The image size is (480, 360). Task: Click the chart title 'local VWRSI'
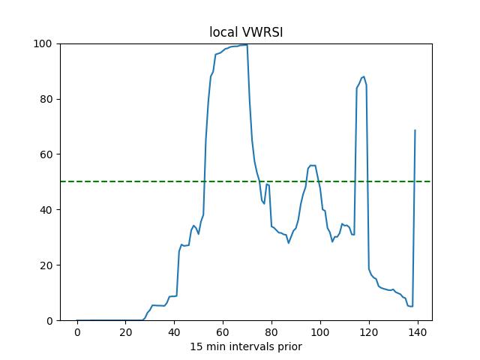[246, 33]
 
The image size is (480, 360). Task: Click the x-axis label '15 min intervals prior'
[246, 346]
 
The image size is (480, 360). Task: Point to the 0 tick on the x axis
[77, 332]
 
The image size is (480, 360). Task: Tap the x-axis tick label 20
[125, 332]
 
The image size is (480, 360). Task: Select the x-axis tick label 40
[174, 332]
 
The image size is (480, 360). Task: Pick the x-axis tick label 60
[223, 332]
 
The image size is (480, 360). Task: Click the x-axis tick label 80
[271, 332]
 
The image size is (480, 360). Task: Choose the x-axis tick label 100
[320, 332]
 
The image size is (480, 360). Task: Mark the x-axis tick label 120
[368, 332]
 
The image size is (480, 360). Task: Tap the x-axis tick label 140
[417, 332]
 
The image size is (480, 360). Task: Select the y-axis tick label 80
[47, 99]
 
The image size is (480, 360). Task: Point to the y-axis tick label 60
[47, 154]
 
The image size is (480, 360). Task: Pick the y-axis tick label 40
[47, 210]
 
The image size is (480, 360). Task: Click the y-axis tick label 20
[47, 265]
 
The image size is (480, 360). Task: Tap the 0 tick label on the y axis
[50, 321]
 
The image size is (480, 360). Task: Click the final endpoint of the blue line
[415, 130]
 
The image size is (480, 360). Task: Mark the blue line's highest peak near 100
[244, 45]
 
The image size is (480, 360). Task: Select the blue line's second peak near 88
[364, 76]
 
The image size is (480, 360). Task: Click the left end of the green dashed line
[61, 181]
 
